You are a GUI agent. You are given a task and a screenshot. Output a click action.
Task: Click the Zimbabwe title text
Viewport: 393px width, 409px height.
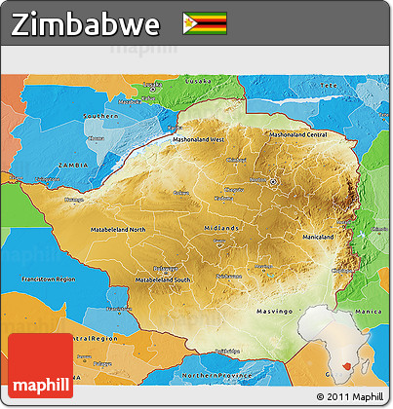pyautogui.click(x=86, y=24)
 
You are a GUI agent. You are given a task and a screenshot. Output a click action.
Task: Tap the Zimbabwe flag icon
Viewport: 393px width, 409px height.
pyautogui.click(x=204, y=23)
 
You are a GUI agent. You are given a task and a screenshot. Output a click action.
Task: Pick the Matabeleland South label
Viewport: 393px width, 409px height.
pyautogui.click(x=162, y=279)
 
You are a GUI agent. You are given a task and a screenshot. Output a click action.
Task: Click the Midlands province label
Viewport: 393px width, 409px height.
pyautogui.click(x=220, y=227)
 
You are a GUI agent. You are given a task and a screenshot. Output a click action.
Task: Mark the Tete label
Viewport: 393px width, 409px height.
pyautogui.click(x=330, y=86)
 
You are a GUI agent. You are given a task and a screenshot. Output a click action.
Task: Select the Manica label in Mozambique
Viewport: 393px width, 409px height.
pyautogui.click(x=369, y=283)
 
